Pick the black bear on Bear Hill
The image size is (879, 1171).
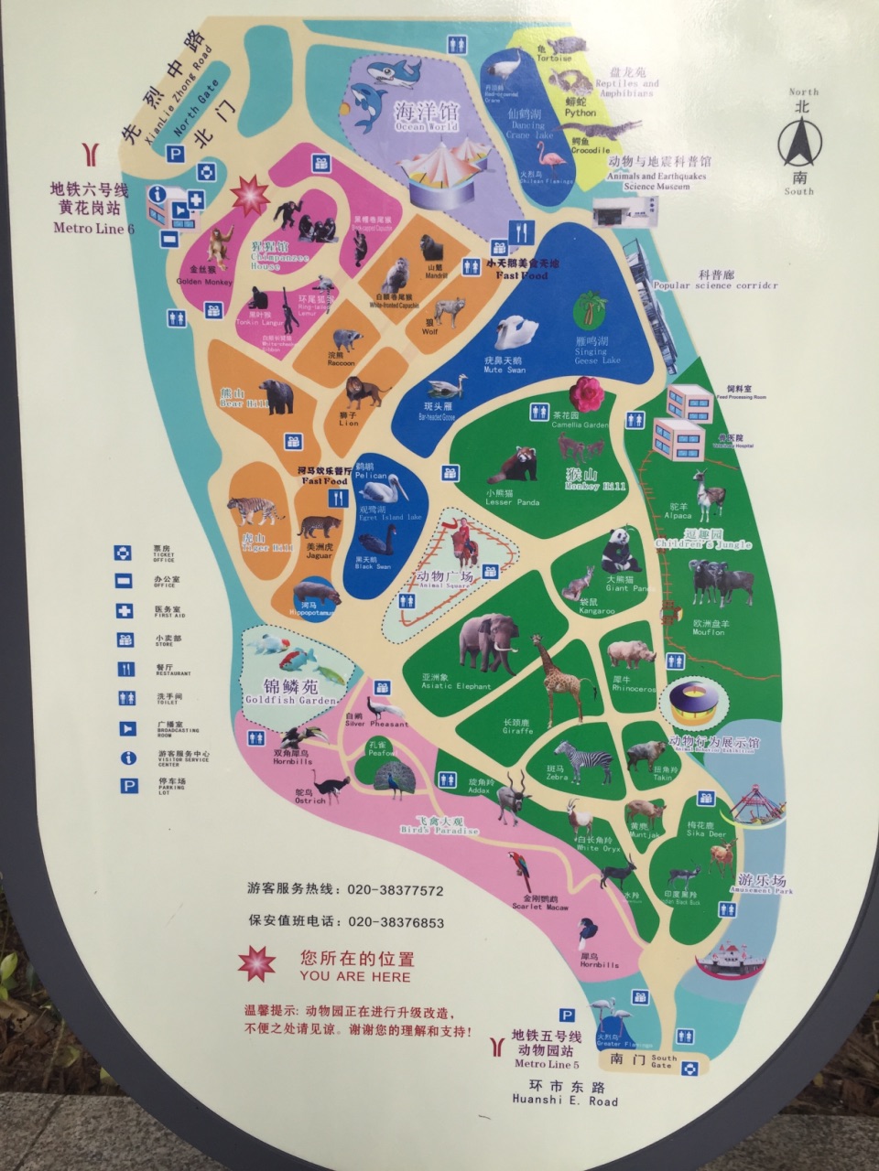pyautogui.click(x=275, y=397)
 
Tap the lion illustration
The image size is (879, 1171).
pyautogui.click(x=366, y=393)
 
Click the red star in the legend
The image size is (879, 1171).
pyautogui.click(x=257, y=963)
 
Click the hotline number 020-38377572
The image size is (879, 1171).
pyautogui.click(x=396, y=890)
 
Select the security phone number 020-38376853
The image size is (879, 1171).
pyautogui.click(x=396, y=922)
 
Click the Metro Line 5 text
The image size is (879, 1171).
pyautogui.click(x=547, y=1064)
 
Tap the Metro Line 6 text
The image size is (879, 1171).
pyautogui.click(x=93, y=228)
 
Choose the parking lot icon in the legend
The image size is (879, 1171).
pyautogui.click(x=126, y=785)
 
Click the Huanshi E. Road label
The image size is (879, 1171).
pyautogui.click(x=565, y=1101)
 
